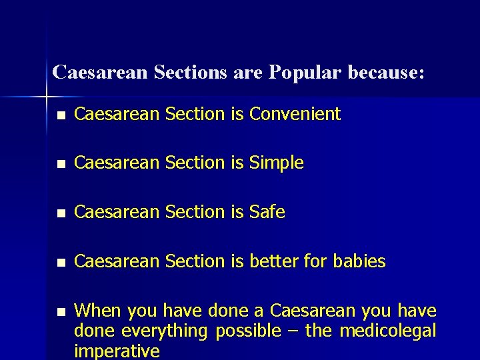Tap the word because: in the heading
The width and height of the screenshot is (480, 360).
(x=385, y=72)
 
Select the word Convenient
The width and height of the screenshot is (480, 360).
(x=295, y=114)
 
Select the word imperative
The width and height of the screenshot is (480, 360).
(x=117, y=351)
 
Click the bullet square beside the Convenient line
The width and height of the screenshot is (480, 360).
(x=61, y=115)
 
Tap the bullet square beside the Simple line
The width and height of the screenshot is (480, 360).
(x=61, y=164)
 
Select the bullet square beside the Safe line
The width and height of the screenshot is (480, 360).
(x=61, y=213)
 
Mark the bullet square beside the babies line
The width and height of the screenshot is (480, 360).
(x=61, y=263)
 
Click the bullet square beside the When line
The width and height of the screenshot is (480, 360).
(x=61, y=312)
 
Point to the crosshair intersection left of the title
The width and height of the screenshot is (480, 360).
(x=47, y=97)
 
